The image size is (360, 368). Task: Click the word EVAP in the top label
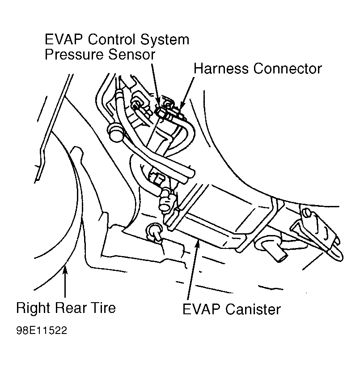tap(64, 39)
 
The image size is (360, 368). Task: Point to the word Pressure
tap(74, 55)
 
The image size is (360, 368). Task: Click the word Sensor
tap(132, 55)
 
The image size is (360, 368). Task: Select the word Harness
tap(221, 68)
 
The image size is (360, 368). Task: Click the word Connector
tap(288, 69)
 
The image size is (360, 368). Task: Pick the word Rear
tap(71, 308)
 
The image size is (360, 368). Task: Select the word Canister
tap(253, 309)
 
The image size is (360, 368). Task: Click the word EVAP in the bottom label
tap(202, 309)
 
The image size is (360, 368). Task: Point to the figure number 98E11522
tap(42, 330)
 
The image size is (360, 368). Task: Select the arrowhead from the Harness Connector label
tap(182, 106)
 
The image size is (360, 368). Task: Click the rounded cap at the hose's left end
tap(116, 133)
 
